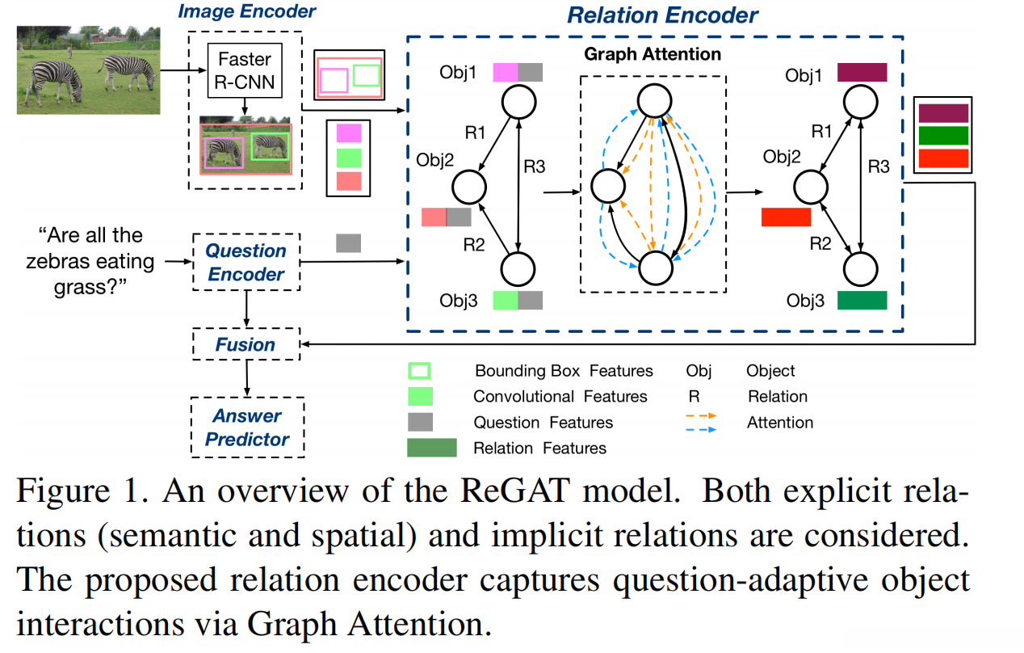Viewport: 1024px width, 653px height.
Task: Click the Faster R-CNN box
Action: (246, 70)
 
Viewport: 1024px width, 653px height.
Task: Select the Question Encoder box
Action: (246, 263)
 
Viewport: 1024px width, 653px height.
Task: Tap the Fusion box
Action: (246, 345)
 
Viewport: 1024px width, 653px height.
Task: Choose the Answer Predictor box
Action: (246, 428)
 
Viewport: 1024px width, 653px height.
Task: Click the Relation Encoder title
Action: (662, 15)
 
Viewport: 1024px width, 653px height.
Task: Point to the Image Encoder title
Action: (246, 11)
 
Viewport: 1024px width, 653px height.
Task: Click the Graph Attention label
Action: (653, 55)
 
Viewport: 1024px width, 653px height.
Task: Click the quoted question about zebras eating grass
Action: (90, 262)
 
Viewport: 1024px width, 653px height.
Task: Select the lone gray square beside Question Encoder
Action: (348, 242)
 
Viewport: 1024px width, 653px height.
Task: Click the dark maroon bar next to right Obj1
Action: (862, 73)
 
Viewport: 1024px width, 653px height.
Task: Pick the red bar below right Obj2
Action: (785, 217)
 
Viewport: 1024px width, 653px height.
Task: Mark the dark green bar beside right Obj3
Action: (862, 301)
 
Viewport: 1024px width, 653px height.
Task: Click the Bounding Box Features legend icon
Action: (420, 371)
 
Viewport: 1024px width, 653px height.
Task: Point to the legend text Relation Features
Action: (539, 448)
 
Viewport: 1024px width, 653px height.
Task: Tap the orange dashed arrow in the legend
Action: (700, 415)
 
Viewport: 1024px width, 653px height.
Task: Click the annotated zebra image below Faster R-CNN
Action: (246, 149)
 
